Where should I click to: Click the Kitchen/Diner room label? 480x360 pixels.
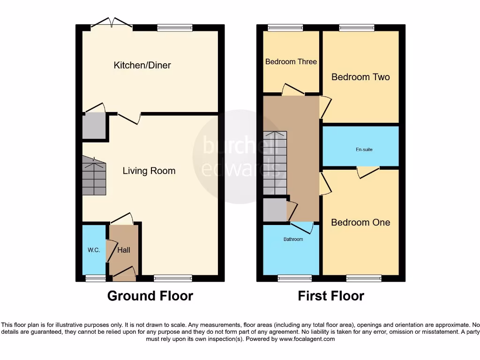(142, 65)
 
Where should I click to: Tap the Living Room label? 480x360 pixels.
(149, 171)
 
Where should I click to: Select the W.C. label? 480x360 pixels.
(94, 250)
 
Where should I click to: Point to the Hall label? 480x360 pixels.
(124, 250)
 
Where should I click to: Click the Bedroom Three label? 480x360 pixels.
(291, 62)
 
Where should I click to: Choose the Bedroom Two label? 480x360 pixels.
(360, 77)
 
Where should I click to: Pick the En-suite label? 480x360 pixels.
(360, 150)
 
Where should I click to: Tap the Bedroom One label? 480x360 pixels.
(360, 223)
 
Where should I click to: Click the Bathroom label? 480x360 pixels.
(293, 240)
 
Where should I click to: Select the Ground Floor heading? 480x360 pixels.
(150, 296)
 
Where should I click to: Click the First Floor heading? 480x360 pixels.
(331, 296)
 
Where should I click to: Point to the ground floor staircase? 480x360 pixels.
(94, 176)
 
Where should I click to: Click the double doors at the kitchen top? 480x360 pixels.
(112, 24)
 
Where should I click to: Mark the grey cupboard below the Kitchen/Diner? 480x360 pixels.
(94, 126)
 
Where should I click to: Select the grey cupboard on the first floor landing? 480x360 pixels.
(275, 210)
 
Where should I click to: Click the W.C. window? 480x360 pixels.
(96, 278)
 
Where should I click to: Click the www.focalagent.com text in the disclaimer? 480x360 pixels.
(307, 339)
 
